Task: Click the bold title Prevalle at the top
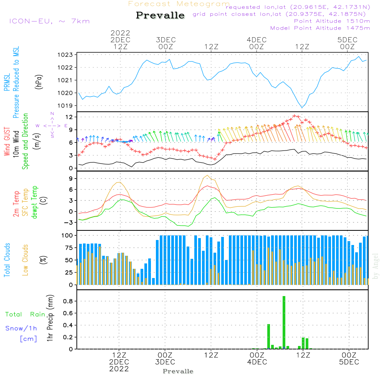(160, 15)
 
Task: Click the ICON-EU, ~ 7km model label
(49, 21)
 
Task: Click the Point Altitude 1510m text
(332, 21)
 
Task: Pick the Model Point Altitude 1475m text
(320, 28)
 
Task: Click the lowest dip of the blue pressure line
(302, 108)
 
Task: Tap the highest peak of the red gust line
(295, 115)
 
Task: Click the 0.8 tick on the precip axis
(68, 301)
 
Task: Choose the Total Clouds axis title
(7, 260)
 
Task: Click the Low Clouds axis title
(26, 260)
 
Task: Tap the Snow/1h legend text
(22, 328)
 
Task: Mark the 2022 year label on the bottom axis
(119, 369)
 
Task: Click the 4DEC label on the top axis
(257, 40)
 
